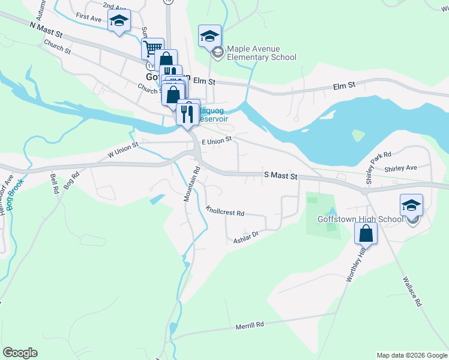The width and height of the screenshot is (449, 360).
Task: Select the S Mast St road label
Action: click(281, 176)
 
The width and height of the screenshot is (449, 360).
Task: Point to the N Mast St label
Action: click(46, 29)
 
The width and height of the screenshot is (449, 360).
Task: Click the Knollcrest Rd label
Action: click(225, 212)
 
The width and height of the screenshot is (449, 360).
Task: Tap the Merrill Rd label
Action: click(250, 325)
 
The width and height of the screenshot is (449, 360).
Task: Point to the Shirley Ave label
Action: click(400, 168)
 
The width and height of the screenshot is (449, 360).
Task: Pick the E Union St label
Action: click(217, 140)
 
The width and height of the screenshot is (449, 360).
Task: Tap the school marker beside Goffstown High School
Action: click(411, 205)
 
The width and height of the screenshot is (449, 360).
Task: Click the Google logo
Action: click(20, 353)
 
